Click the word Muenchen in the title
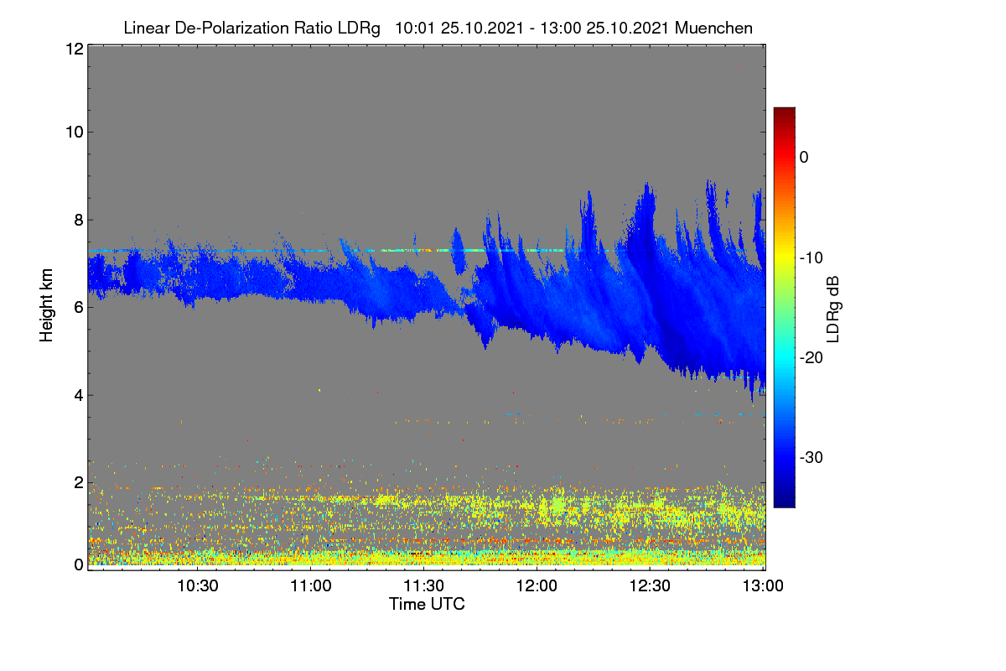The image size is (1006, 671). [x=713, y=29]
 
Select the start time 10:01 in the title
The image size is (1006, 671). [x=415, y=29]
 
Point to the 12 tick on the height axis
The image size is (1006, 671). [x=75, y=49]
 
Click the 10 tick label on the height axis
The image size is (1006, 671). [x=75, y=133]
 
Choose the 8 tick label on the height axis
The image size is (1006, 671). [x=79, y=221]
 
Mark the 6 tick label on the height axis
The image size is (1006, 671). [x=79, y=308]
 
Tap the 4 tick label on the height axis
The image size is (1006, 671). [x=79, y=396]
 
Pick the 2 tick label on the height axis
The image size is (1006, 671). [x=79, y=483]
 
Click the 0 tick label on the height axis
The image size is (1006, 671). [x=79, y=565]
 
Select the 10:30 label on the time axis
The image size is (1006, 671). [x=198, y=586]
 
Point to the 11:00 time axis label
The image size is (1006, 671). [x=311, y=586]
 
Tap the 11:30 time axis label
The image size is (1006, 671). [x=423, y=586]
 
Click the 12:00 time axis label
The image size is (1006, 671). [x=537, y=586]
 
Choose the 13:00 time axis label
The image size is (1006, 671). [x=763, y=586]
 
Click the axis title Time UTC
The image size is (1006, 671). [x=427, y=605]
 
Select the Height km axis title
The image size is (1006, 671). [x=46, y=305]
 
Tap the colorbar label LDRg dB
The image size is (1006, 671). [x=833, y=309]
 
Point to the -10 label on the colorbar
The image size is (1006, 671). [x=812, y=258]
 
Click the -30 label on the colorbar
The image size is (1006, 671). [x=812, y=457]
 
